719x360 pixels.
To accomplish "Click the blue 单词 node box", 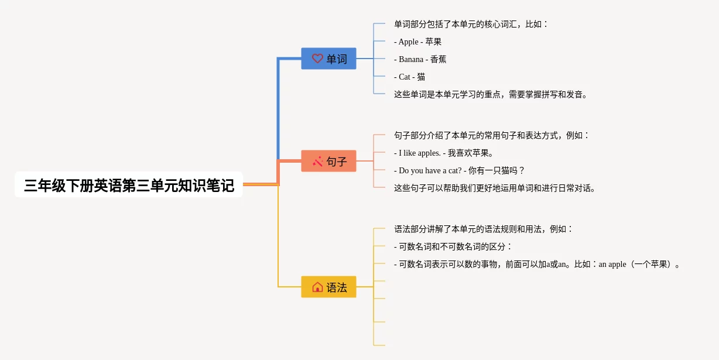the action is pyautogui.click(x=328, y=59).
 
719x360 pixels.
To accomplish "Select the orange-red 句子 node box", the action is pyautogui.click(x=328, y=161).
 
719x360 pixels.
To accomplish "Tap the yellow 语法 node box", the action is pyautogui.click(x=328, y=287).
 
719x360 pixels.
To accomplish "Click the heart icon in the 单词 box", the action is pyautogui.click(x=317, y=59).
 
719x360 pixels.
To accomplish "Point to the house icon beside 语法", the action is pyautogui.click(x=317, y=287).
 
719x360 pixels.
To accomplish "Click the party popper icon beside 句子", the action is pyautogui.click(x=317, y=161).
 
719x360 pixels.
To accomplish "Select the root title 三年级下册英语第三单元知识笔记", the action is pyautogui.click(x=129, y=186).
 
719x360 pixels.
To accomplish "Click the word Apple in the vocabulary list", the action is pyautogui.click(x=408, y=42).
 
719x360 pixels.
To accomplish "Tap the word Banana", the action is pyautogui.click(x=411, y=59).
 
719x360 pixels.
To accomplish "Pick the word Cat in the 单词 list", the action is pyautogui.click(x=405, y=77).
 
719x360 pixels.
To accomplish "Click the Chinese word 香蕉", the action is pyautogui.click(x=438, y=59).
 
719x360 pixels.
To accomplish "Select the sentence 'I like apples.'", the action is pyautogui.click(x=420, y=153).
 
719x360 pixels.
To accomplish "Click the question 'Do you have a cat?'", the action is pyautogui.click(x=430, y=171).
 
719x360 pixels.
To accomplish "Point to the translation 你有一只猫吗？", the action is pyautogui.click(x=497, y=171).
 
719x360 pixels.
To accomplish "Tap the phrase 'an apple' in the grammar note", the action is pyautogui.click(x=612, y=265).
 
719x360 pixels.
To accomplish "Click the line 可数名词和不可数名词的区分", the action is pyautogui.click(x=452, y=247).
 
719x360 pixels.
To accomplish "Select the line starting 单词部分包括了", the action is pyautogui.click(x=471, y=24).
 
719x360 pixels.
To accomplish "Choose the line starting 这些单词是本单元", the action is pyautogui.click(x=491, y=95).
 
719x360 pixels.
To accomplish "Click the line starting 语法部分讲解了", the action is pyautogui.click(x=483, y=229).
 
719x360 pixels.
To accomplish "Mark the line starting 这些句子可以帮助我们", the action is pyautogui.click(x=495, y=188).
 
